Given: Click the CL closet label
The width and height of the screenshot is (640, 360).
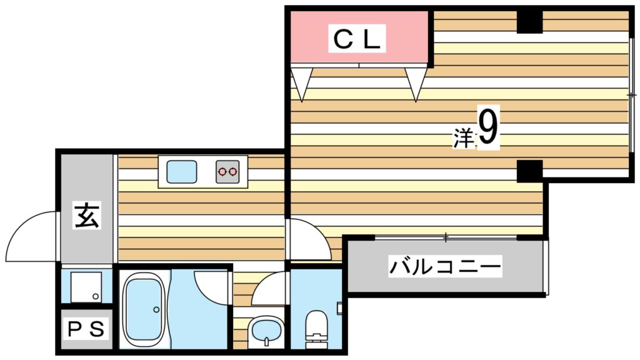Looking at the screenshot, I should (x=356, y=39).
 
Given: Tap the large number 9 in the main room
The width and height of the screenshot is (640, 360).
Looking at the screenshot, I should (x=488, y=128).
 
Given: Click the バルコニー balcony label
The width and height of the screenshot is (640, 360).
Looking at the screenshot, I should (x=446, y=268).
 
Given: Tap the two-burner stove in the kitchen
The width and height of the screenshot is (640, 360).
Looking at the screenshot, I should (x=227, y=171).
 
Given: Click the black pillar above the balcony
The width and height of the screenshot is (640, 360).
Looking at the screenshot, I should (x=529, y=171).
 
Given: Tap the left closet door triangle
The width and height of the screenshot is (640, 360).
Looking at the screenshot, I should (x=302, y=84).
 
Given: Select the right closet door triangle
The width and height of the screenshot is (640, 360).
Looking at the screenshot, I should (x=415, y=84).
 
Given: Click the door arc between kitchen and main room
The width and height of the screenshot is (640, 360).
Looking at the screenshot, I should (x=307, y=239).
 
